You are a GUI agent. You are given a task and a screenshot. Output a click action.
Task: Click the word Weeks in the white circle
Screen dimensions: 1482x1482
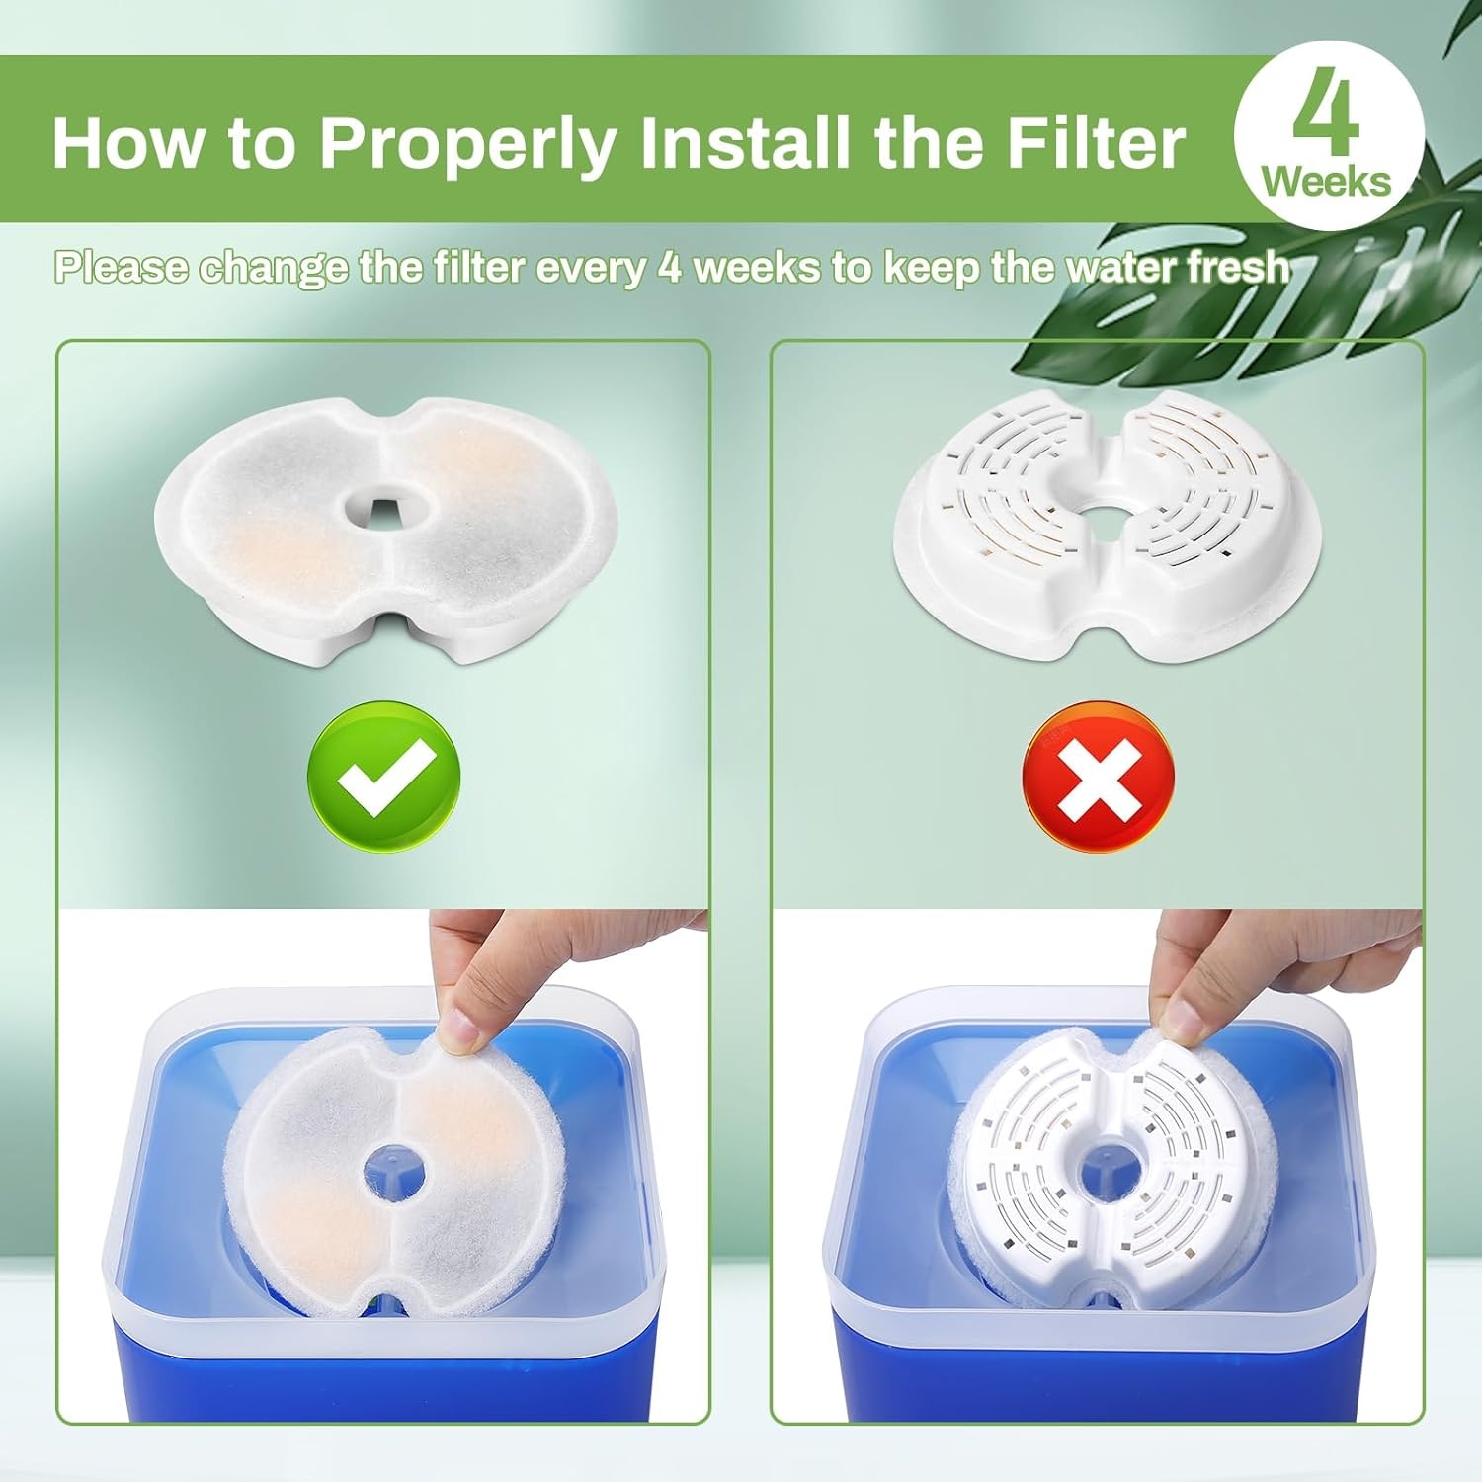[x=1326, y=182]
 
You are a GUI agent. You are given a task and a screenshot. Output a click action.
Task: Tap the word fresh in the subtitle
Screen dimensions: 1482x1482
[x=1237, y=267]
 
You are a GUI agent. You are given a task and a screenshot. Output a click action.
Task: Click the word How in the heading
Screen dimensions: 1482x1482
[x=126, y=142]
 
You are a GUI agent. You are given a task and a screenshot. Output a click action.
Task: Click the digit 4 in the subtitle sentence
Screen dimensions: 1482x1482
[x=670, y=267]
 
